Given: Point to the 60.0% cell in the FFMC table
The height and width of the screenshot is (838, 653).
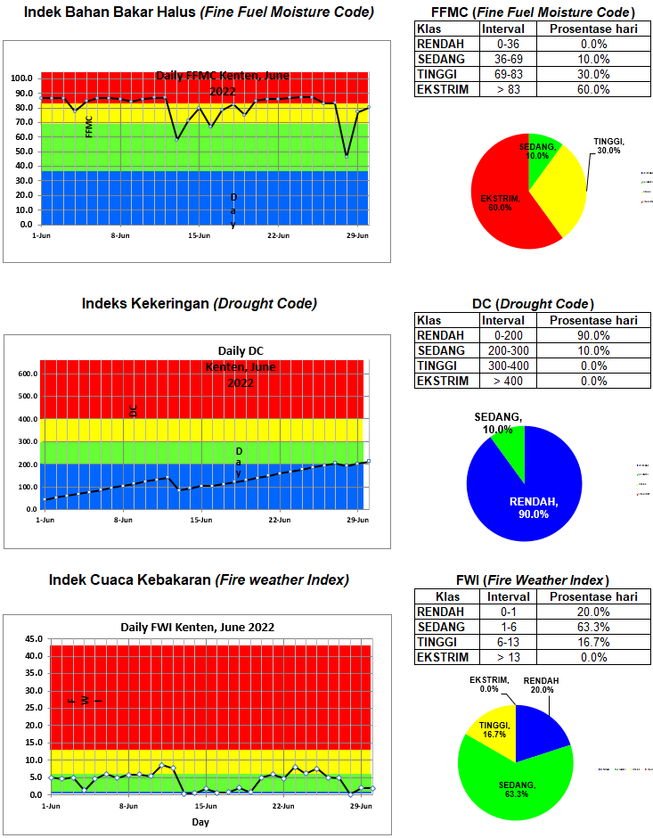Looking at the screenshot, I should coord(593,89).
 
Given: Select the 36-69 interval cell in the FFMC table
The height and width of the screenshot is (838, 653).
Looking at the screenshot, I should coord(503,59).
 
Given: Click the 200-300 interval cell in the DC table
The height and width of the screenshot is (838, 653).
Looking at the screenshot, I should coord(503,351).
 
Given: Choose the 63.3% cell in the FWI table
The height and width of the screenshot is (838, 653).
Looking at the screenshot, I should coord(593,628).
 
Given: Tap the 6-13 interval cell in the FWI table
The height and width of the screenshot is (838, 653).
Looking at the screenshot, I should coord(503,643).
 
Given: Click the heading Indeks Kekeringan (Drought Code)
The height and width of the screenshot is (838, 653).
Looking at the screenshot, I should coord(199,303).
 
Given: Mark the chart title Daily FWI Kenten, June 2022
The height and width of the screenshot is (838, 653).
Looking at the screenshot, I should coord(198,627).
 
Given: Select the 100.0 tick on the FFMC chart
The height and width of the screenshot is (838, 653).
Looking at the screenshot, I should coord(21,78).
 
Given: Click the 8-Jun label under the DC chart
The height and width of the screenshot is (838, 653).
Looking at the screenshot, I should coord(120,520).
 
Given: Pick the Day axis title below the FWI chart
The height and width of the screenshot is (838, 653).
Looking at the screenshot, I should coord(200,822).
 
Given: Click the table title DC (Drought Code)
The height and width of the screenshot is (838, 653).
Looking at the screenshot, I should coord(533,304).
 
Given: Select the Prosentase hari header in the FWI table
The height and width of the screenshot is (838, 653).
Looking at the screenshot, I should coord(593,596).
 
